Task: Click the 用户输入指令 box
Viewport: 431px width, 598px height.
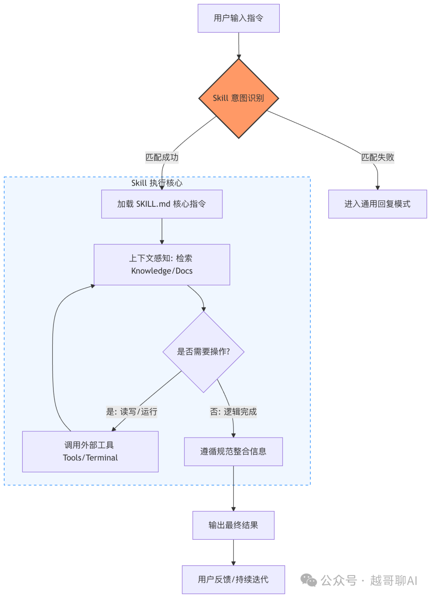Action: click(238, 18)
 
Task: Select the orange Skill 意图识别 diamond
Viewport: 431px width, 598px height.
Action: click(238, 98)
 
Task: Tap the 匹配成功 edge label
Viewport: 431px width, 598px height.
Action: click(162, 157)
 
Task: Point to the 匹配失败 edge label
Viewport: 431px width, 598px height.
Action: click(377, 157)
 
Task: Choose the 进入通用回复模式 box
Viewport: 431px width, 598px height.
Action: click(377, 204)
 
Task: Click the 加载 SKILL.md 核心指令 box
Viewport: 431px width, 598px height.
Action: click(162, 204)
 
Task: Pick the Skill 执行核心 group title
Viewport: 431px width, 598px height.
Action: click(157, 183)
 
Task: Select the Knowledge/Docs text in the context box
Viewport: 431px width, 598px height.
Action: click(162, 271)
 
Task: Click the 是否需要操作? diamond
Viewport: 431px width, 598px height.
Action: click(204, 352)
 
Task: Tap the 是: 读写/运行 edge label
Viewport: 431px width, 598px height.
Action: click(132, 412)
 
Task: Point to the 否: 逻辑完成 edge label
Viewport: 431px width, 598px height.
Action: click(233, 412)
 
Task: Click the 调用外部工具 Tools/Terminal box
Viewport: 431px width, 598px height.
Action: click(90, 451)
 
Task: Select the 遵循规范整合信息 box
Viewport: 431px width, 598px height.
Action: click(233, 451)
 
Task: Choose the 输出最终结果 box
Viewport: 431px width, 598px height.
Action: click(233, 525)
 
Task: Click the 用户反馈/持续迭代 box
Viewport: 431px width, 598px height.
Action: click(233, 579)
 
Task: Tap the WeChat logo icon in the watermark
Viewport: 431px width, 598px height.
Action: click(308, 580)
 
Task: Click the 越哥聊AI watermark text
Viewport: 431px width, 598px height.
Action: click(393, 580)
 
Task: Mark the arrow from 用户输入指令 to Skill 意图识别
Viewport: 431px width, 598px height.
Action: click(239, 46)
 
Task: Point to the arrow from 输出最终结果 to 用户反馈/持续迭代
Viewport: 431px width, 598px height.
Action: click(233, 552)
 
